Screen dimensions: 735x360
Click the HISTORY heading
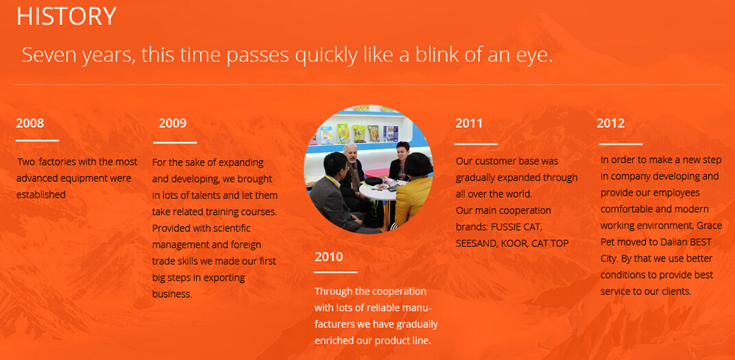pyautogui.click(x=66, y=16)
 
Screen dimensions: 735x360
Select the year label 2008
pyautogui.click(x=30, y=123)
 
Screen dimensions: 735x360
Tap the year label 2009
pyautogui.click(x=173, y=123)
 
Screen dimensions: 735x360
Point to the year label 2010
pyautogui.click(x=329, y=257)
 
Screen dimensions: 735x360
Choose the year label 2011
pyautogui.click(x=469, y=123)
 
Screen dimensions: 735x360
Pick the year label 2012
pyautogui.click(x=611, y=123)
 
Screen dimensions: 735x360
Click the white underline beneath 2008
pyautogui.click(x=37, y=140)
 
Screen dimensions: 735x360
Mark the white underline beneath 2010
pyautogui.click(x=336, y=272)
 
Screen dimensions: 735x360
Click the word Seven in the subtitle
pyautogui.click(x=49, y=55)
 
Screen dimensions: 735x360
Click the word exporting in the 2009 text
pyautogui.click(x=224, y=278)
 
